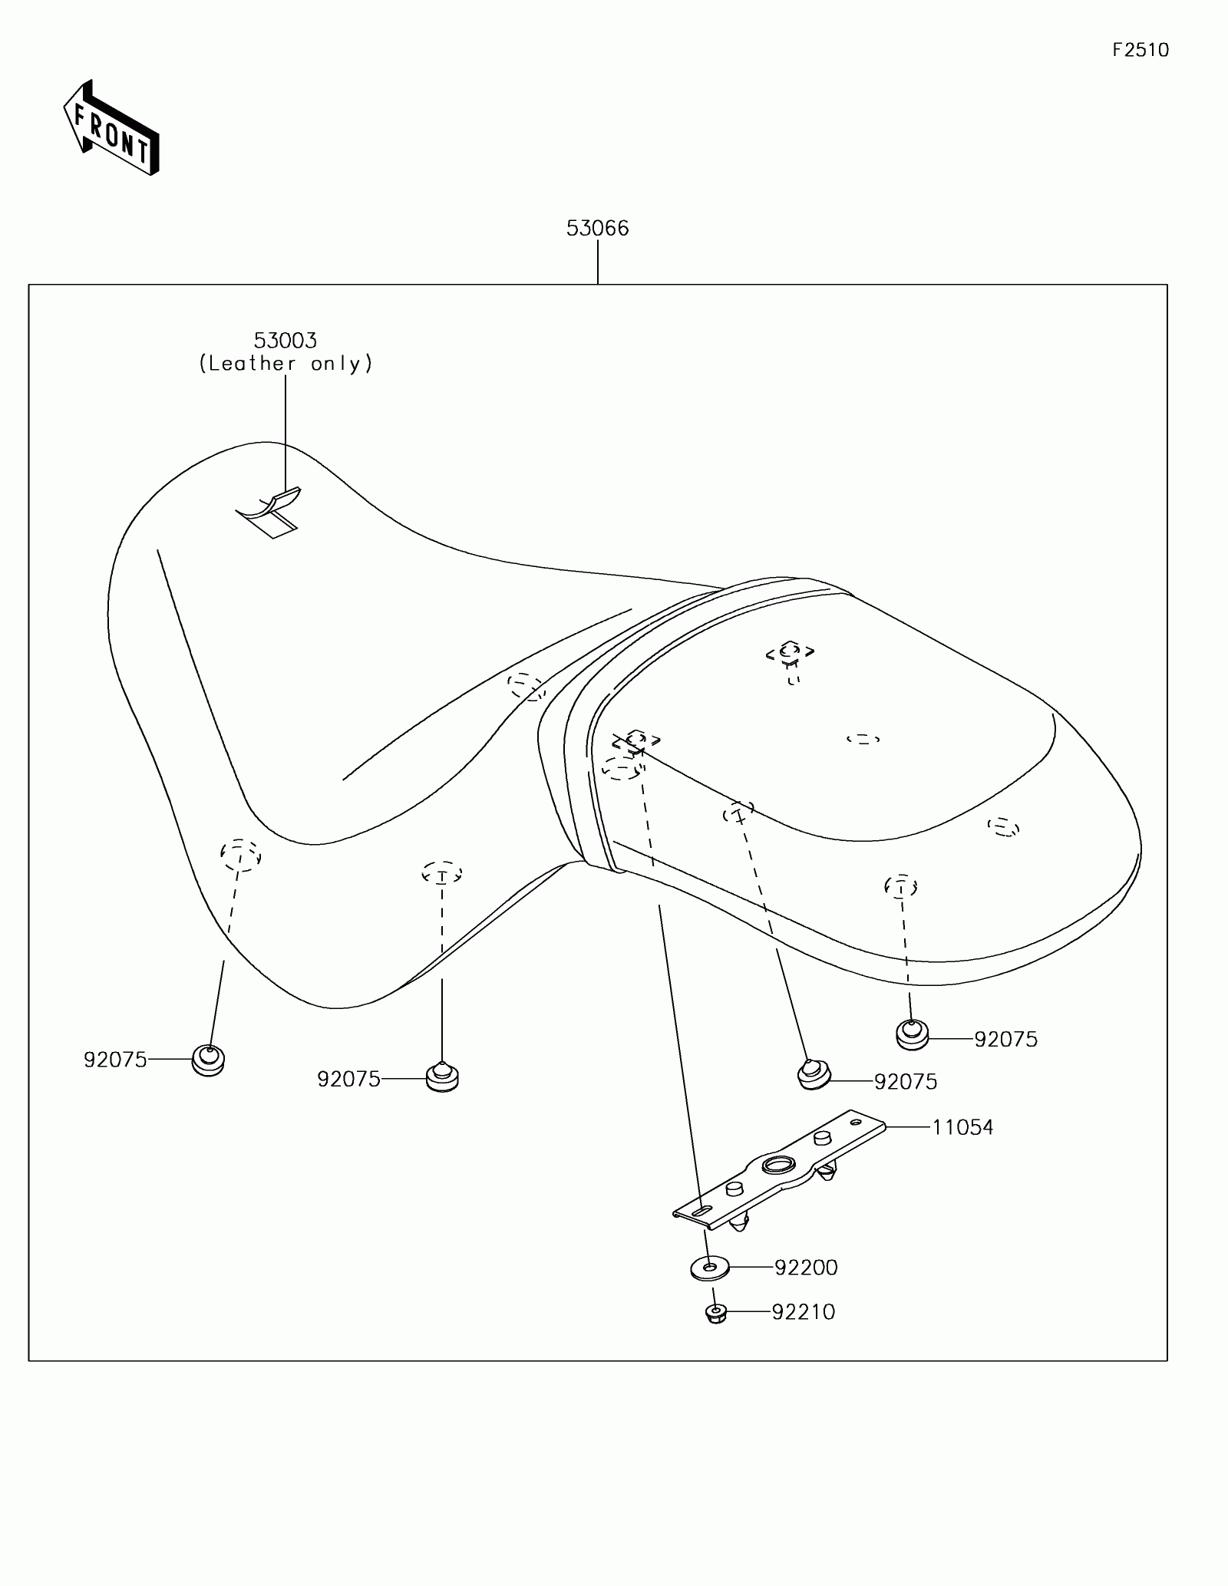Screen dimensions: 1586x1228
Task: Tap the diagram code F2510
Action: pyautogui.click(x=1141, y=51)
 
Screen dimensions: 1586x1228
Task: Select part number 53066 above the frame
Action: pyautogui.click(x=597, y=229)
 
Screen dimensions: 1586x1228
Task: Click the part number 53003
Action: pyautogui.click(x=286, y=340)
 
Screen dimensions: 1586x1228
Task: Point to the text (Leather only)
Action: pyautogui.click(x=286, y=364)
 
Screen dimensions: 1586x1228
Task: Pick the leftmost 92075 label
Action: pyautogui.click(x=115, y=1060)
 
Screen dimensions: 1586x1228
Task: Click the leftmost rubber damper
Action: pyautogui.click(x=208, y=1060)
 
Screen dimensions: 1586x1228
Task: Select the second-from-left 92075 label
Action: pyautogui.click(x=348, y=1080)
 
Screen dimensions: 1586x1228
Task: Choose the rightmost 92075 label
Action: pyautogui.click(x=1005, y=1039)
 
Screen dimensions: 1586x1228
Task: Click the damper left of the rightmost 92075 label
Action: pyautogui.click(x=912, y=1035)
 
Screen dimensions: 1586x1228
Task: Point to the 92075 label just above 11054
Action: pyautogui.click(x=906, y=1082)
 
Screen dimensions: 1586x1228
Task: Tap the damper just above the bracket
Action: pyautogui.click(x=813, y=1075)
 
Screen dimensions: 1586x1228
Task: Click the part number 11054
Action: pyautogui.click(x=962, y=1127)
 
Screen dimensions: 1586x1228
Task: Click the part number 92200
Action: pyautogui.click(x=806, y=1268)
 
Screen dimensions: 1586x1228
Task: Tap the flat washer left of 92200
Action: pyautogui.click(x=709, y=1268)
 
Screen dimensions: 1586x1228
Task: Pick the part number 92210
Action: pyautogui.click(x=803, y=1312)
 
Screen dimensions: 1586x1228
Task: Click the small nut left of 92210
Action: pyautogui.click(x=716, y=1314)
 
